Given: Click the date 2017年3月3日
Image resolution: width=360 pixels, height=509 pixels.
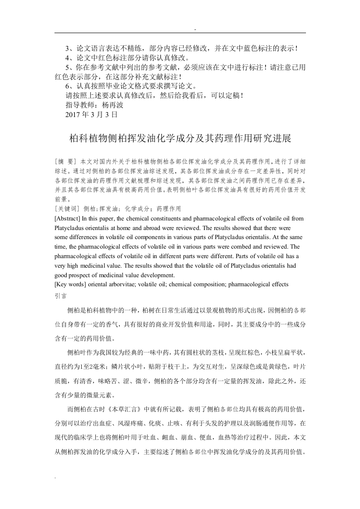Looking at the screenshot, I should tap(92, 115).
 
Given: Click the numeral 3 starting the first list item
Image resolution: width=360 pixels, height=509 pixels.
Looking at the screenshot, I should tap(68, 49).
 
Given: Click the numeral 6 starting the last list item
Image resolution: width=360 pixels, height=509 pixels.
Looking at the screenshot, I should tap(68, 86).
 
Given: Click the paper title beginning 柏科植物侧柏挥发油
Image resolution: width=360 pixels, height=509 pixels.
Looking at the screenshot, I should tap(180, 138).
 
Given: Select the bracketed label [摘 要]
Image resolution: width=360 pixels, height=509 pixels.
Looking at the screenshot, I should tap(65, 162).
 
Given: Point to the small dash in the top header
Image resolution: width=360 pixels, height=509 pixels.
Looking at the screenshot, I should tap(195, 29).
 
